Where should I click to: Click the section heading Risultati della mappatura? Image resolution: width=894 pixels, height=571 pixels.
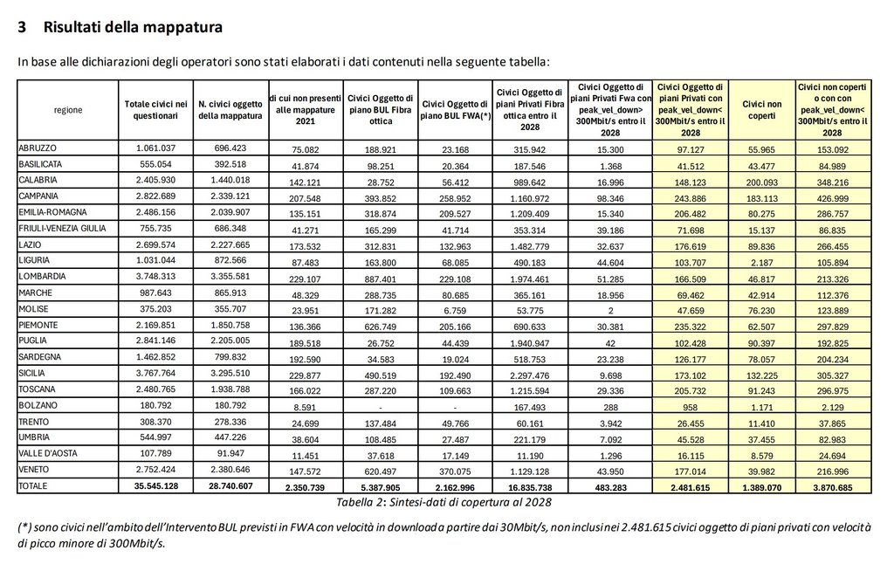pos(132,27)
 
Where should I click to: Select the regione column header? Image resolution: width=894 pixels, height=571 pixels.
pos(68,110)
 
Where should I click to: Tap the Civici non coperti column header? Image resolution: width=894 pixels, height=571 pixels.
pos(761,110)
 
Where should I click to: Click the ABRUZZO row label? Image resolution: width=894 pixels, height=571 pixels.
pos(37,148)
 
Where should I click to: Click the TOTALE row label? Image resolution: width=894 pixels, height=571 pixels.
pos(35,485)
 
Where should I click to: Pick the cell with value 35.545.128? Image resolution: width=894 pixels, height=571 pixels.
pos(155,485)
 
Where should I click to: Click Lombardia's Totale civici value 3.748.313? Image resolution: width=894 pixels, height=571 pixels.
pos(155,276)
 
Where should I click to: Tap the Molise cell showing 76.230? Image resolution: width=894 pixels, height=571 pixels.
pos(761,309)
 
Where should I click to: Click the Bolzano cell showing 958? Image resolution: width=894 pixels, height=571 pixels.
pos(690,405)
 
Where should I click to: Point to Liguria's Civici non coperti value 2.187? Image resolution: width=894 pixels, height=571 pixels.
pos(761,261)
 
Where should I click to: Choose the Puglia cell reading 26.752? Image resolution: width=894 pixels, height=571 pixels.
pos(379,341)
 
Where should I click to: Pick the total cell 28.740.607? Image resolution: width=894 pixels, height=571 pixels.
pos(230,485)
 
